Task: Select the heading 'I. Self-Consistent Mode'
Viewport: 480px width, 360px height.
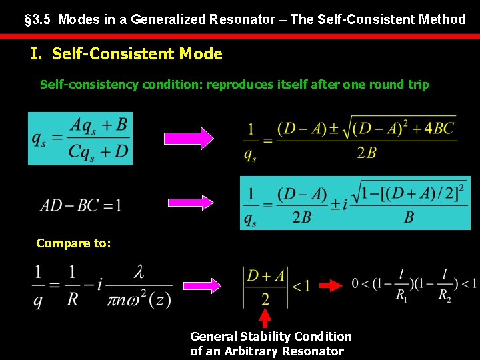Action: [x=127, y=54]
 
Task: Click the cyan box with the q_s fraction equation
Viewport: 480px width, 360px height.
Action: [x=80, y=139]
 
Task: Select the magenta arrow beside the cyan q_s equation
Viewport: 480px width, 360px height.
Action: [x=189, y=138]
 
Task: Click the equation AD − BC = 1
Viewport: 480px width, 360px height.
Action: [x=81, y=205]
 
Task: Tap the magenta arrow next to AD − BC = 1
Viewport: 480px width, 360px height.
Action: [x=189, y=203]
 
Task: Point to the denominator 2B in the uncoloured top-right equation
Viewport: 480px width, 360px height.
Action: [x=366, y=153]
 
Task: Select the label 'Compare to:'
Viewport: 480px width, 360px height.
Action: [x=73, y=243]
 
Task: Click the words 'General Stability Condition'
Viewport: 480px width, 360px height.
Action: [x=271, y=337]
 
